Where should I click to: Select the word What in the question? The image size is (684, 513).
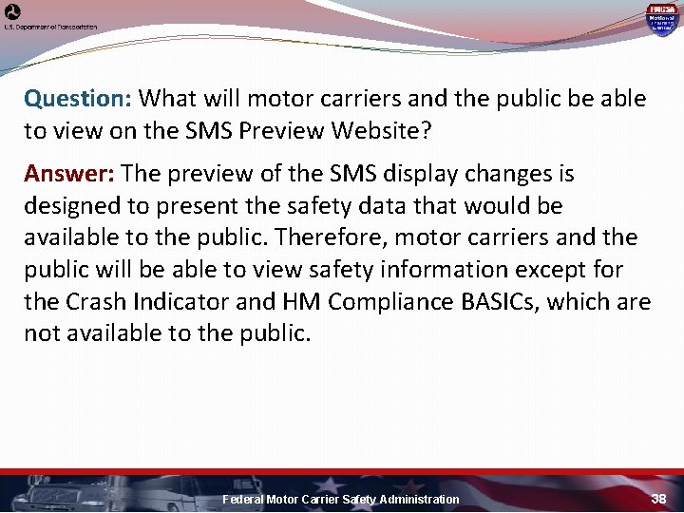pos(168,99)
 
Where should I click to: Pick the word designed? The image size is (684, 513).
pos(67,206)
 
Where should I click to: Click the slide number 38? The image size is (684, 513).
pos(659,498)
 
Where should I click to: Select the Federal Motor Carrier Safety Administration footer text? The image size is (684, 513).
pos(340,499)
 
